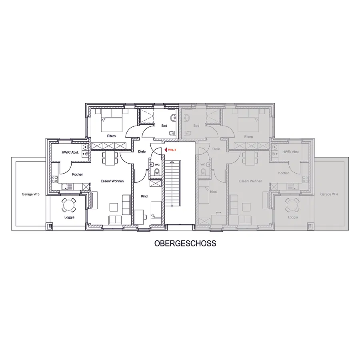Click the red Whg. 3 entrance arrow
coord(166,150)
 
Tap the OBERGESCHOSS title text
coord(185,243)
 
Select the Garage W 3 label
coord(30,194)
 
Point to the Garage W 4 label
coord(329,194)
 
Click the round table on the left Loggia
coord(68,205)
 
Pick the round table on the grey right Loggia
coord(292,205)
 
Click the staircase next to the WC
coord(173,184)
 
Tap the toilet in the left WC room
coord(157,171)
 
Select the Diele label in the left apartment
coord(142,152)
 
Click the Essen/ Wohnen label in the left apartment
coord(112,181)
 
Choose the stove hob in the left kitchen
coord(55,179)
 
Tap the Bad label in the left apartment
coord(164,126)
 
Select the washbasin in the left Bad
coord(173,118)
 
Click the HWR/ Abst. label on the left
coord(70,152)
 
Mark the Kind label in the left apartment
coord(144,196)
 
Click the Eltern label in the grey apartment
coord(248,137)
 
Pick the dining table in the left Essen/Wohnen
coord(110,158)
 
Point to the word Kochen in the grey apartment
coord(284,173)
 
